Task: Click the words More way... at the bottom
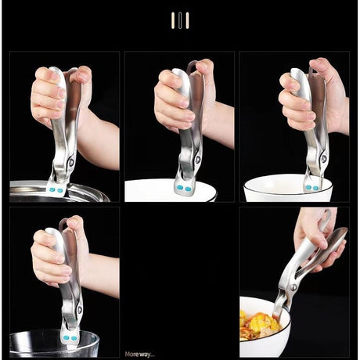[139, 355]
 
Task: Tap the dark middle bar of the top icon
[180, 20]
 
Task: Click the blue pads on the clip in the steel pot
[56, 190]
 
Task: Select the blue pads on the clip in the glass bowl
[70, 338]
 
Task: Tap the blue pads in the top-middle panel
[184, 188]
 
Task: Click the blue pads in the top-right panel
[312, 188]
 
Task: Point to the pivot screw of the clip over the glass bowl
[79, 310]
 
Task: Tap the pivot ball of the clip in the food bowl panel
[293, 288]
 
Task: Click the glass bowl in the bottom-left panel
[54, 344]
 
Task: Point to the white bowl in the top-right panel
[288, 188]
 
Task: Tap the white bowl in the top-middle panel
[171, 190]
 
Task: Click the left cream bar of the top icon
[173, 20]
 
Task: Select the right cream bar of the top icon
[187, 20]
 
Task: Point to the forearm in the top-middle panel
[221, 125]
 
